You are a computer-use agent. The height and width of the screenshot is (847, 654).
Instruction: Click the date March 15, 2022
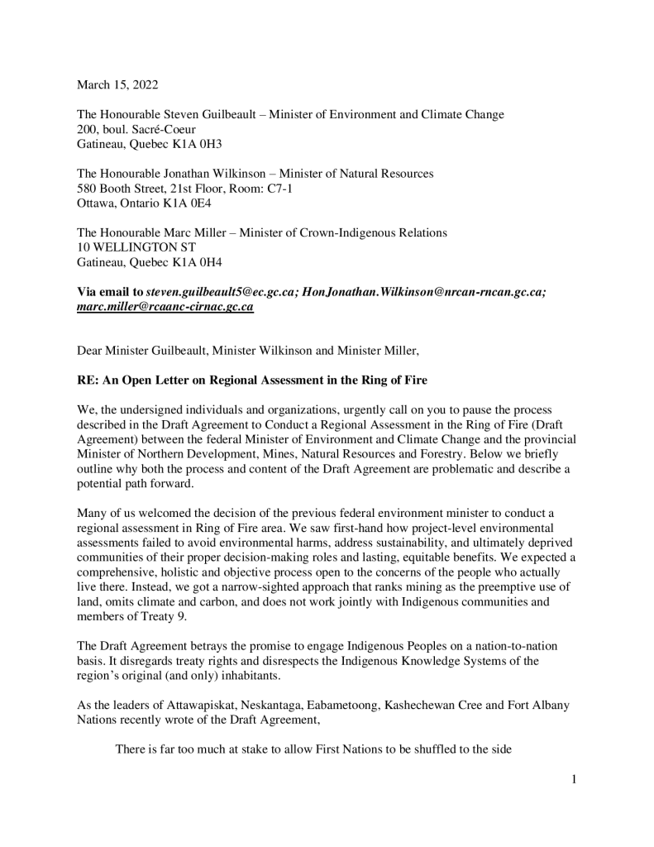(117, 84)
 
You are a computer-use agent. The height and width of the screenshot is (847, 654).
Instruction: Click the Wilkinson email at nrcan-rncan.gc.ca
(424, 292)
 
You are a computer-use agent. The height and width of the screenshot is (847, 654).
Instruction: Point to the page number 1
(574, 778)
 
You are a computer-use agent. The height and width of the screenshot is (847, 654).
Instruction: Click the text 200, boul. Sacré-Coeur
(133, 129)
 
